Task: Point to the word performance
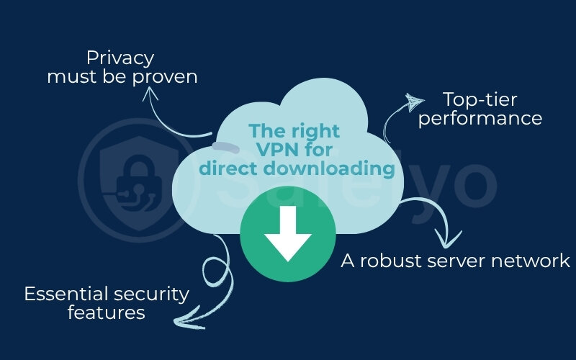pyautogui.click(x=480, y=118)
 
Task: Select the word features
pyautogui.click(x=107, y=312)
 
